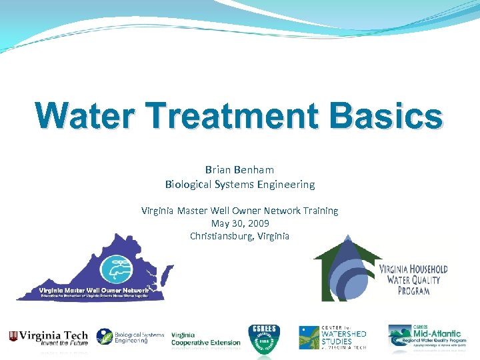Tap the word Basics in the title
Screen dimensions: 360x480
tap(387, 116)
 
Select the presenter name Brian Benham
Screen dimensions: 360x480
tap(239, 170)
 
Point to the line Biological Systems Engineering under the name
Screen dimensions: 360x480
tap(239, 184)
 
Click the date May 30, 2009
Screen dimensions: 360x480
tap(239, 223)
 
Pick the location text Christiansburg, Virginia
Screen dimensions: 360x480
tap(239, 236)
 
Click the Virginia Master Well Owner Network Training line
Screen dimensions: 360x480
tap(239, 211)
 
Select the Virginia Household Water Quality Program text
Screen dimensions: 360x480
tap(413, 279)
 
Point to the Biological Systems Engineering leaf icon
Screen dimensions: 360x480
tap(105, 337)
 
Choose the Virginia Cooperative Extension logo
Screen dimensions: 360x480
tap(205, 339)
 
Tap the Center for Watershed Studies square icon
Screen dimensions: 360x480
tap(309, 337)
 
